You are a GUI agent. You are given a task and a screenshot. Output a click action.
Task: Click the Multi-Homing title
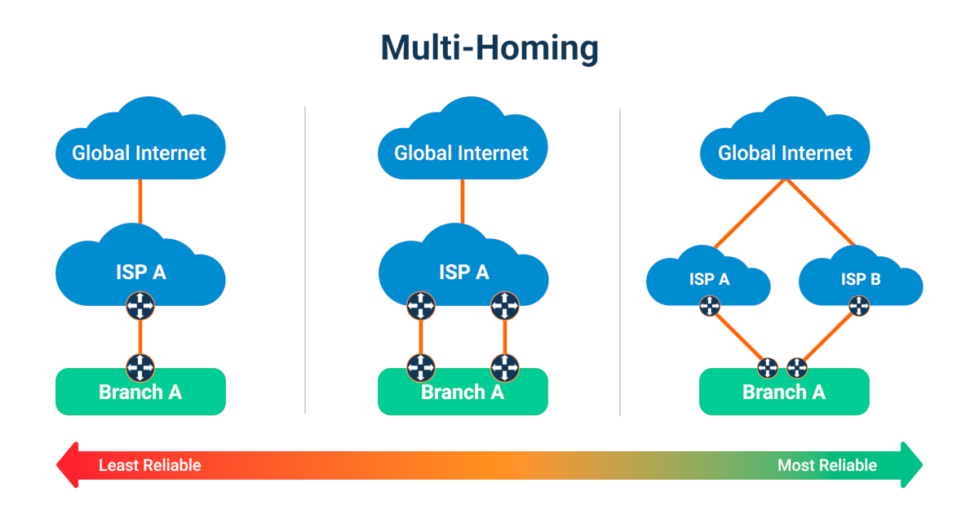[489, 49]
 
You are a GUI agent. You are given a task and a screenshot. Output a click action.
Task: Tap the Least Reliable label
[149, 466]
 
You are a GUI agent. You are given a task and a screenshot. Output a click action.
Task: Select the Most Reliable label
[826, 466]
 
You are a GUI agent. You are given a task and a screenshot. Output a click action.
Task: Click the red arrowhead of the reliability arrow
[67, 466]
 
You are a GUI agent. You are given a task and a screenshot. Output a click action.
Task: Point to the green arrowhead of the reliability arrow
[911, 466]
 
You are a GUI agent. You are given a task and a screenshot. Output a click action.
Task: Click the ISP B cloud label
[860, 280]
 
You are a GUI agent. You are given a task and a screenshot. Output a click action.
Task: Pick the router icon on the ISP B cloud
[859, 307]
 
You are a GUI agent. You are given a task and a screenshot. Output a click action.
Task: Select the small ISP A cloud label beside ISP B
[709, 280]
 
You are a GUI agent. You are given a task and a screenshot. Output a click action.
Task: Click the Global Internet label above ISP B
[785, 153]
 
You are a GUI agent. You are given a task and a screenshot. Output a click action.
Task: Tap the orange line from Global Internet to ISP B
[820, 213]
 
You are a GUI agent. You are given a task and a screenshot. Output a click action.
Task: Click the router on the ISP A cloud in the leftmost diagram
[140, 306]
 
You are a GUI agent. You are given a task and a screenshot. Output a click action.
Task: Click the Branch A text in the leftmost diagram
[140, 392]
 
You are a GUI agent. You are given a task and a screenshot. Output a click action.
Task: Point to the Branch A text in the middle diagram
[463, 392]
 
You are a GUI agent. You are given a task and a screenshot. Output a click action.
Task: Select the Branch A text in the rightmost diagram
[784, 392]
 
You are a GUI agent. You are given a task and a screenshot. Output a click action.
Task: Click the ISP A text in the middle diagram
[463, 272]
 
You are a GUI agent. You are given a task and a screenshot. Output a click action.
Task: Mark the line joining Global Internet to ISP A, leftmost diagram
[140, 201]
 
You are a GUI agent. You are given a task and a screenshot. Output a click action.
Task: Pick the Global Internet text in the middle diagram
[462, 153]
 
